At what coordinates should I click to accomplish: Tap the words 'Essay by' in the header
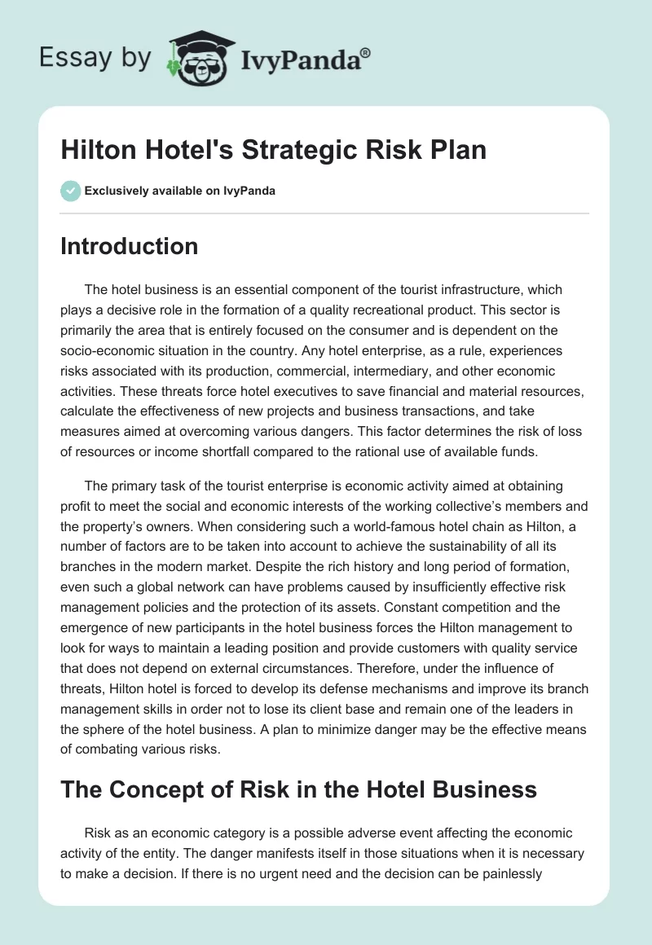coord(96,58)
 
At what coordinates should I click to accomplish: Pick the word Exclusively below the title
coord(116,191)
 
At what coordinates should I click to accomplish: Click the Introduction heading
coord(129,246)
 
